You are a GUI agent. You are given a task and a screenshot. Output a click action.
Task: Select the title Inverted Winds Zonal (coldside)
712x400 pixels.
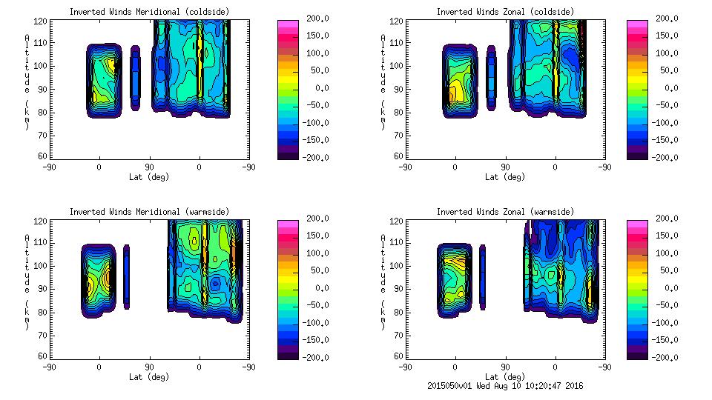pos(504,11)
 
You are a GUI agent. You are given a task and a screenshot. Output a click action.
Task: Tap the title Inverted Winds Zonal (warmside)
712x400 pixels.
pos(504,211)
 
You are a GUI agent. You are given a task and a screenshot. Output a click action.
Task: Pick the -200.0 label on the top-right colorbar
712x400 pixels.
pos(663,157)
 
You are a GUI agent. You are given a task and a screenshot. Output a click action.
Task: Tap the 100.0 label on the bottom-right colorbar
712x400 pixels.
pos(663,253)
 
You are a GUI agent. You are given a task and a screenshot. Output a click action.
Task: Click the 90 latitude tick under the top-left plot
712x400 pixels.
pos(149,167)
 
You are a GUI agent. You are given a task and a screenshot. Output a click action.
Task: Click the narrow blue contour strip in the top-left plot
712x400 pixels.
pos(135,78)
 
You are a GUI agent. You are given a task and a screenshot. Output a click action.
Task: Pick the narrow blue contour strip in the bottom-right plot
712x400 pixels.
pos(483,277)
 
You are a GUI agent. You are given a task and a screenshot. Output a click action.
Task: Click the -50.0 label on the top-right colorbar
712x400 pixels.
pos(663,105)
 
